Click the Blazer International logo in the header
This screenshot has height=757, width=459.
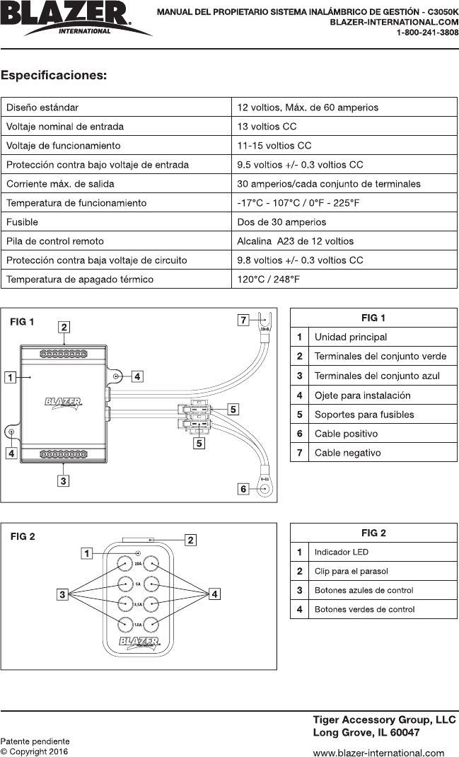click(74, 18)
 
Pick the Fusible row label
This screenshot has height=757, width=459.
click(22, 222)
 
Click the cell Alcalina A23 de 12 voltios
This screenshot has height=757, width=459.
click(296, 241)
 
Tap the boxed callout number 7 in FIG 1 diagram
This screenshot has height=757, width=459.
click(243, 320)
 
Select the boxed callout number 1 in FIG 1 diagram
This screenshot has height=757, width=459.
click(11, 378)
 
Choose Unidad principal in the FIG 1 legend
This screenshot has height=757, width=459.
click(351, 337)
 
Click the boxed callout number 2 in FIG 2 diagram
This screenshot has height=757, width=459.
click(190, 540)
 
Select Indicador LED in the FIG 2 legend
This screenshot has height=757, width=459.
click(341, 552)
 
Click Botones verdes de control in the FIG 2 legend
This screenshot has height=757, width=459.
click(364, 609)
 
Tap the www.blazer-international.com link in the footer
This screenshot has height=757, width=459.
click(378, 753)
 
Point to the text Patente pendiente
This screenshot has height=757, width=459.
click(35, 741)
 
